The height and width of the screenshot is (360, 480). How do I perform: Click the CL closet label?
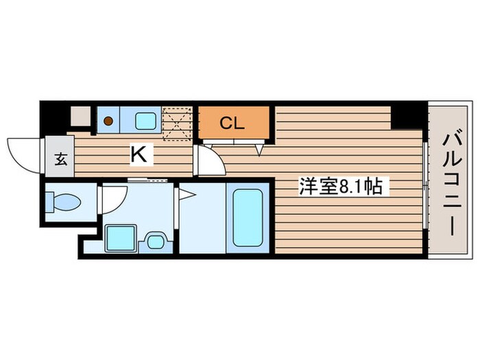pyautogui.click(x=232, y=123)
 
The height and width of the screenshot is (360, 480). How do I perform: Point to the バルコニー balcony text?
pyautogui.click(x=451, y=184)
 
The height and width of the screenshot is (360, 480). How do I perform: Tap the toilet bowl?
pyautogui.click(x=64, y=202)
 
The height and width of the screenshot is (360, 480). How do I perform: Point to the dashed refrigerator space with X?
pyautogui.click(x=177, y=121)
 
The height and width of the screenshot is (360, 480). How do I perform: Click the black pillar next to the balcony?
pyautogui.click(x=409, y=115)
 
